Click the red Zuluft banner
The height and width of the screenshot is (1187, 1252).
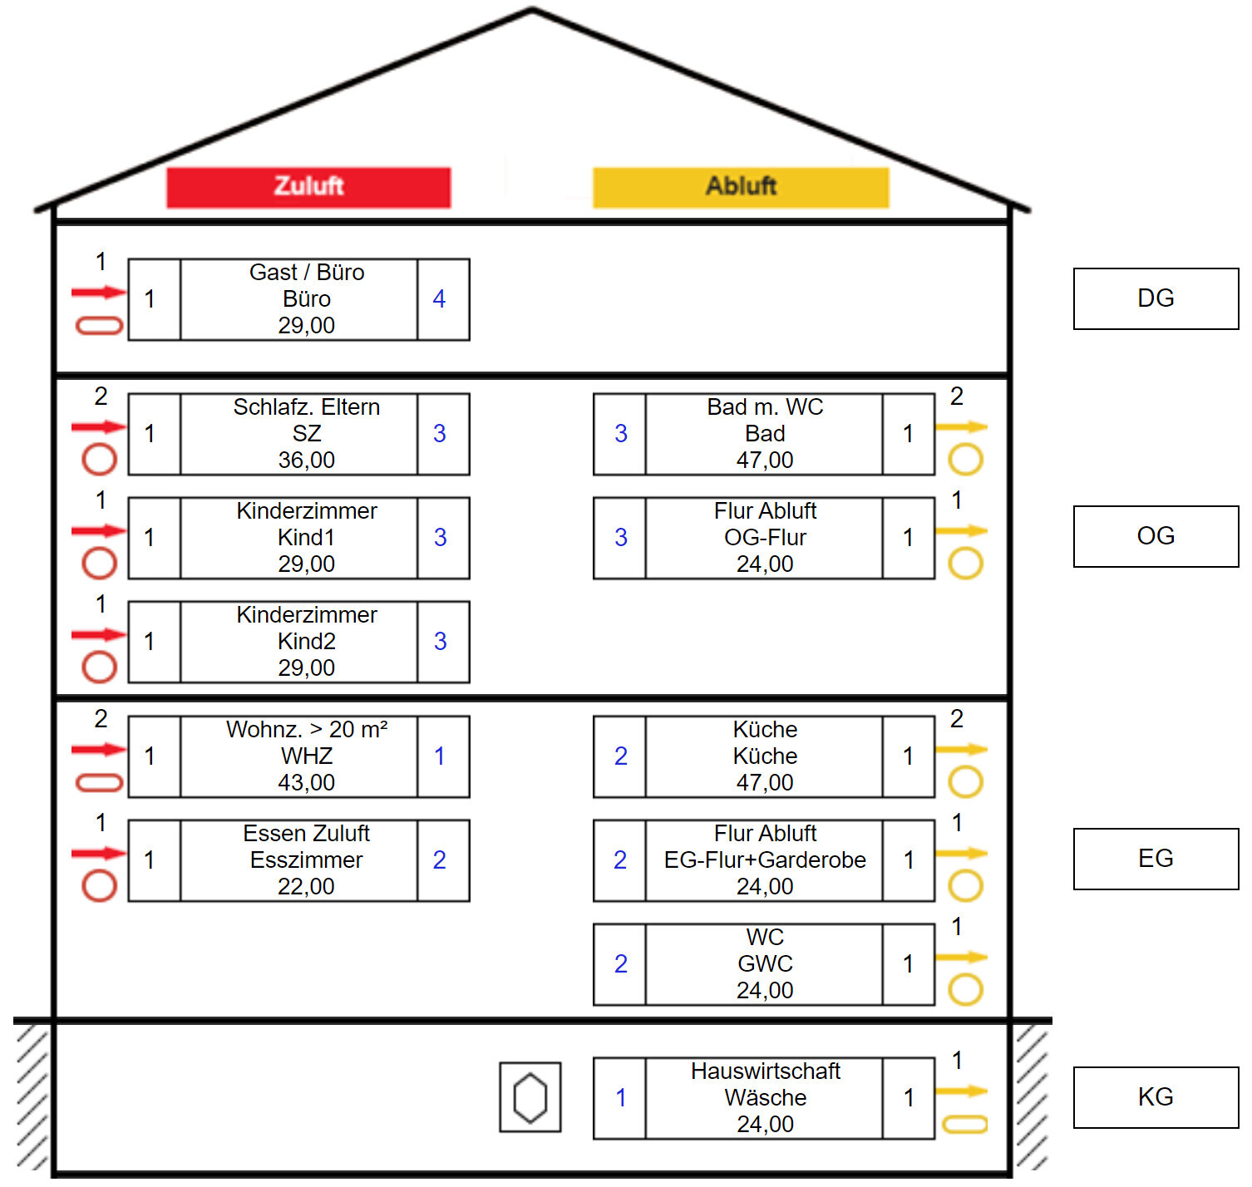(308, 187)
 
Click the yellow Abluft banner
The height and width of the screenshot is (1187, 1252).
(741, 187)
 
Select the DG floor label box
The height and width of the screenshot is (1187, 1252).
(1156, 298)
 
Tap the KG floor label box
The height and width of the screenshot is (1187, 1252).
(1156, 1097)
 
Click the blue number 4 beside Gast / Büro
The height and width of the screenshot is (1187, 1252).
(440, 299)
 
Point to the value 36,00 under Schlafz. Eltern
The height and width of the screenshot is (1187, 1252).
(307, 461)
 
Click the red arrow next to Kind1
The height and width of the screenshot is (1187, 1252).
(98, 531)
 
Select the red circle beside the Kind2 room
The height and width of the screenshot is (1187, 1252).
(100, 667)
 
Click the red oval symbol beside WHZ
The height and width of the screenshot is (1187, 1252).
(100, 782)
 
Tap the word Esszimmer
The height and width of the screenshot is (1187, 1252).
(307, 860)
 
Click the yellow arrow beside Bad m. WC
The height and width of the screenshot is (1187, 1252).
(961, 427)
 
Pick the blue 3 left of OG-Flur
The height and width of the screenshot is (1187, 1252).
(621, 538)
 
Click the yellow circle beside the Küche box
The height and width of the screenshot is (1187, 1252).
(965, 781)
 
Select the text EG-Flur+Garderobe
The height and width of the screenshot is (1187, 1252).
(765, 860)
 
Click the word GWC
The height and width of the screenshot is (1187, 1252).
(765, 964)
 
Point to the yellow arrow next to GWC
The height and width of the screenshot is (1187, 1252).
(961, 958)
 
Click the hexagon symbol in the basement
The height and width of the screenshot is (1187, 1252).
(530, 1097)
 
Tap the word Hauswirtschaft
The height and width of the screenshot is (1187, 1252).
(765, 1071)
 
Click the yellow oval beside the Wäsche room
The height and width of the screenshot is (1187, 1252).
(964, 1125)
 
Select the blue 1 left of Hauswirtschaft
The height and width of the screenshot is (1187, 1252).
(621, 1098)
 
